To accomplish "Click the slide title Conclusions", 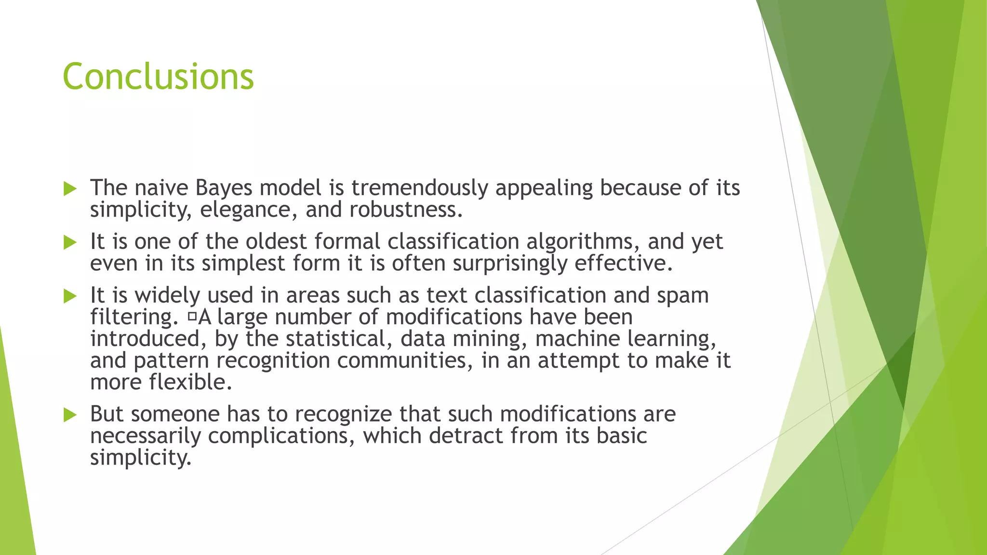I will click(158, 77).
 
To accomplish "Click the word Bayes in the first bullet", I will click(224, 188).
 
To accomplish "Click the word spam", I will click(683, 295).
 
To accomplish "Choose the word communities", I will click(405, 360).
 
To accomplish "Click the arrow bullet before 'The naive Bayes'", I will click(70, 189).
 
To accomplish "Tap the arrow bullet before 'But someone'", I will click(70, 415).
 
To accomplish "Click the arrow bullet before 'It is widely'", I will click(70, 296).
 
